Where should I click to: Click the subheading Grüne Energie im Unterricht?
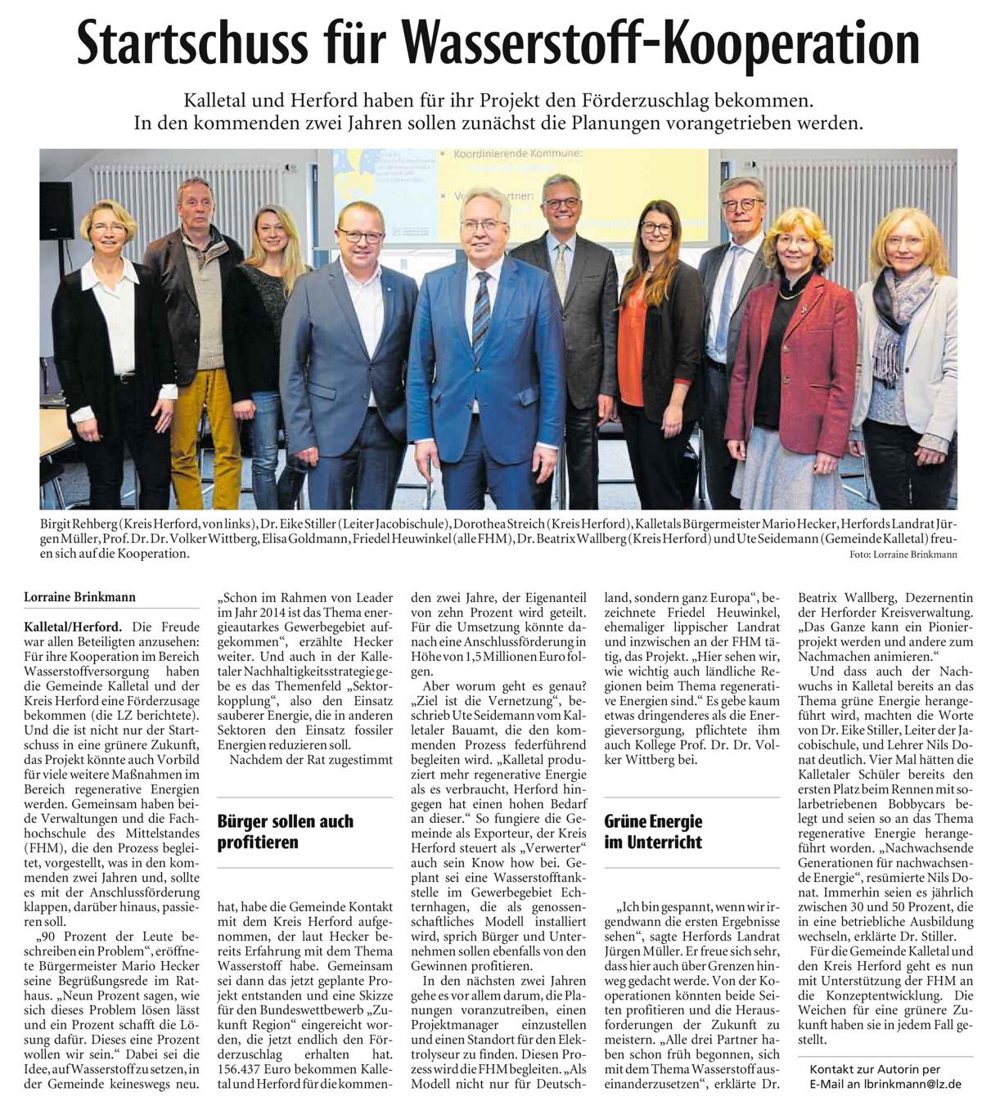point(653,831)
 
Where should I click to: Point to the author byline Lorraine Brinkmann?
point(80,597)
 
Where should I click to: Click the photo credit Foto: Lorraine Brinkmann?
point(903,555)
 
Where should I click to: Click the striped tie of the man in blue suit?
point(481,315)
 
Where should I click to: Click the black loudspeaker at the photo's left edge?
point(56,210)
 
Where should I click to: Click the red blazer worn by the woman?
point(778,360)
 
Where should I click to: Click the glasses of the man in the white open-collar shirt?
point(360,236)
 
